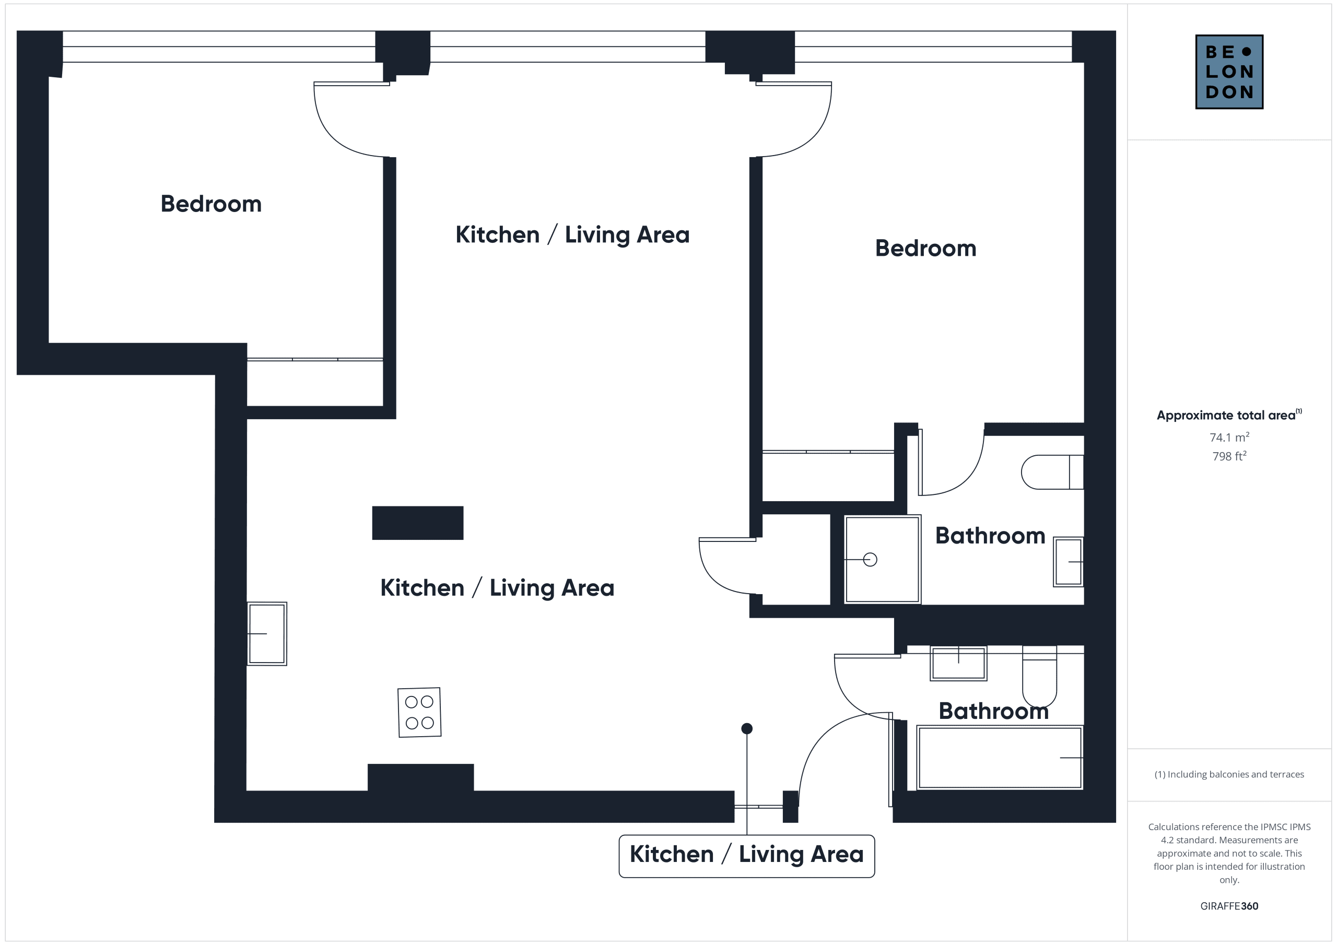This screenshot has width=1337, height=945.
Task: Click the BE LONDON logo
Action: [1229, 72]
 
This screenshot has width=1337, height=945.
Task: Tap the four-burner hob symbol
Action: [419, 712]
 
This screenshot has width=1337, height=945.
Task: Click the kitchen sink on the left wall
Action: [267, 633]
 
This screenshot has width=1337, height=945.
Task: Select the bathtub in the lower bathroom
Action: [1000, 758]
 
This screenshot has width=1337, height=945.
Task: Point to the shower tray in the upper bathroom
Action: [882, 559]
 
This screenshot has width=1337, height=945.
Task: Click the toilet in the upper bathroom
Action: [1052, 471]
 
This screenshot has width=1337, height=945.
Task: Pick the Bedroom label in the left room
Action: [211, 204]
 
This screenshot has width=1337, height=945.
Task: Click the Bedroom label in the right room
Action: [925, 248]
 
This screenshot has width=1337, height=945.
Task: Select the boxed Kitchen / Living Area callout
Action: [746, 856]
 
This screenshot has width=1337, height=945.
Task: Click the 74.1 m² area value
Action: [1229, 436]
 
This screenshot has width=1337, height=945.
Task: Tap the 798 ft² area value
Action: [1229, 456]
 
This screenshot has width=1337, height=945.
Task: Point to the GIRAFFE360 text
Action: [1229, 906]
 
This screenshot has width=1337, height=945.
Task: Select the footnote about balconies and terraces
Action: [1229, 774]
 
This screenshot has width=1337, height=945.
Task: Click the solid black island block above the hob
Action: [417, 523]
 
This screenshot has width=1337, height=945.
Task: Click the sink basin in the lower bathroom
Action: [958, 663]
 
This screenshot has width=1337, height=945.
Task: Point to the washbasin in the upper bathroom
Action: [1069, 561]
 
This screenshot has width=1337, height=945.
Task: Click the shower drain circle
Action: [870, 560]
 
